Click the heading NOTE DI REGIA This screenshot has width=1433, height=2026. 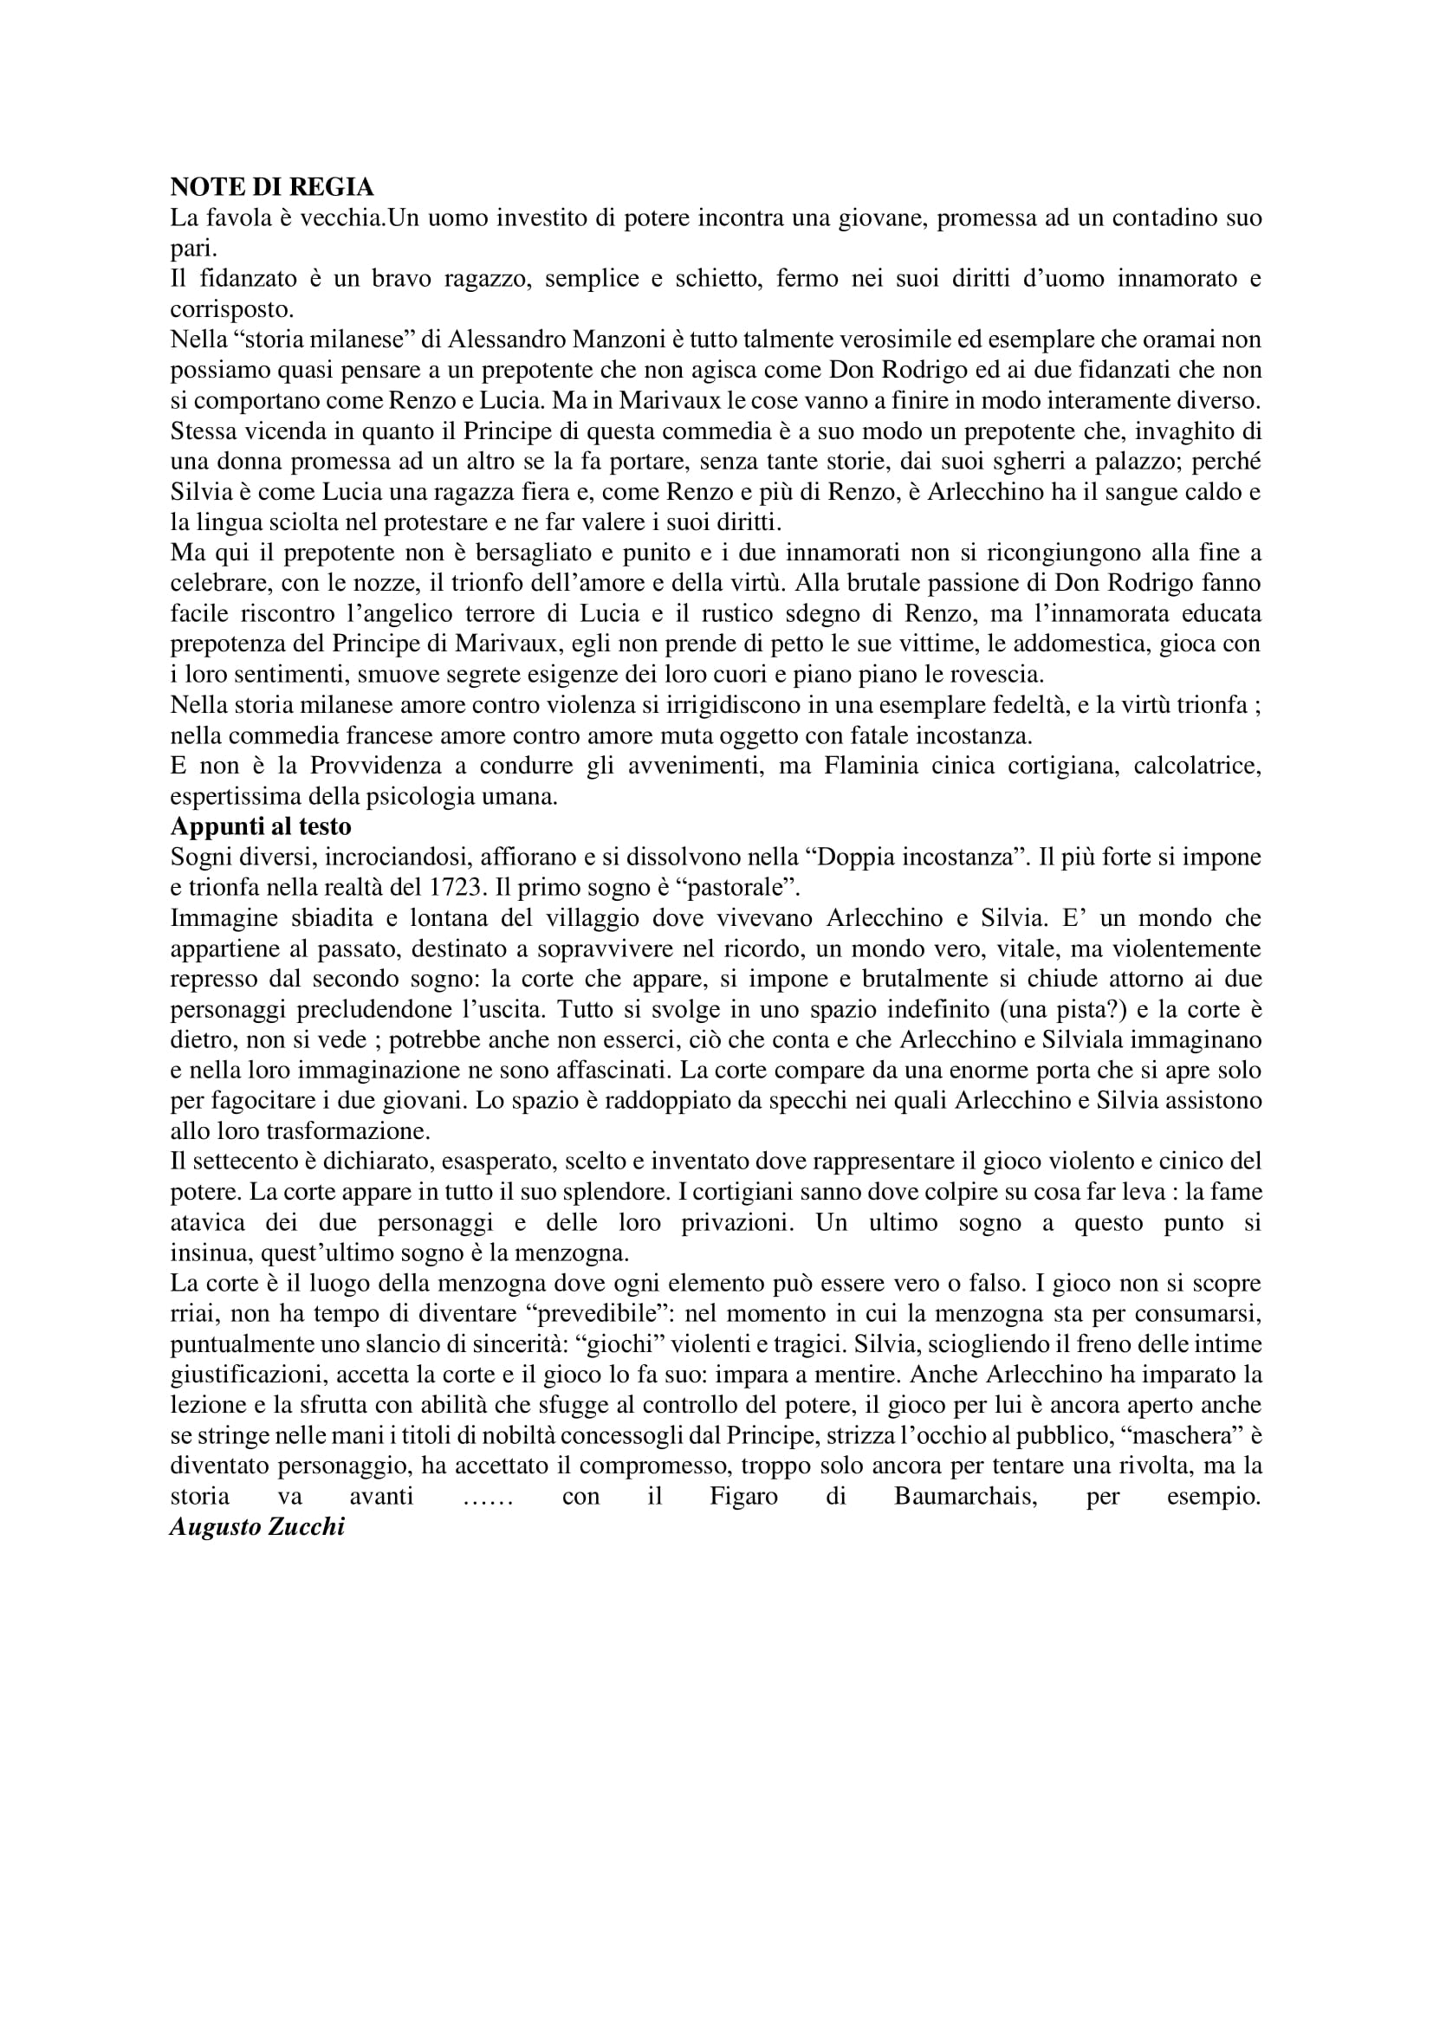pyautogui.click(x=272, y=187)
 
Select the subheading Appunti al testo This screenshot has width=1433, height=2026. pyautogui.click(x=260, y=827)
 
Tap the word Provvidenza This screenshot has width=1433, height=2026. pyautogui.click(x=344, y=766)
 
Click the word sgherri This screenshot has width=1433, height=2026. pyautogui.click(x=943, y=462)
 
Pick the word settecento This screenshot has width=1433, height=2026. pyautogui.click(x=240, y=1162)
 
